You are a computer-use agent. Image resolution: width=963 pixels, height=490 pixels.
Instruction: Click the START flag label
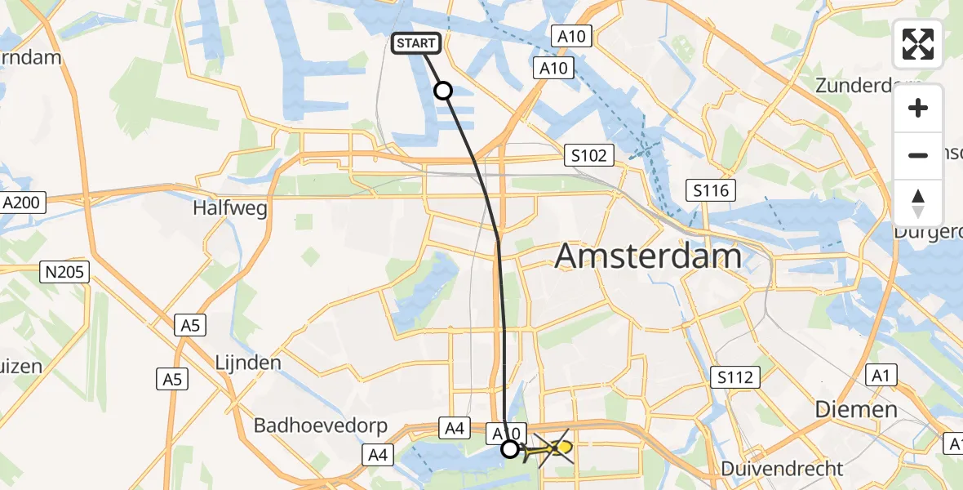click(x=418, y=43)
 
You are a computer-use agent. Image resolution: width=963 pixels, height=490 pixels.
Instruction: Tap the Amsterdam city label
click(x=648, y=256)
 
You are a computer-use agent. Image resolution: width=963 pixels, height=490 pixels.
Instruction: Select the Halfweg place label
click(x=230, y=208)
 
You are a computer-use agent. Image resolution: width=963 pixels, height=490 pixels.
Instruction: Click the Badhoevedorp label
click(x=320, y=425)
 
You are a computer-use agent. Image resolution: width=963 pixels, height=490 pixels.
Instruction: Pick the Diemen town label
click(x=857, y=409)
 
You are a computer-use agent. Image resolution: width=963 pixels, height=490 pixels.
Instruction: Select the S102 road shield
click(x=588, y=155)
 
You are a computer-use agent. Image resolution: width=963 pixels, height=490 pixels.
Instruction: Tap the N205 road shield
click(x=65, y=272)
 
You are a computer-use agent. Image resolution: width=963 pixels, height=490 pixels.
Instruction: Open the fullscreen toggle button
click(x=918, y=44)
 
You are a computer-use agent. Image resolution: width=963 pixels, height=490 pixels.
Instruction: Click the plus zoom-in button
click(x=918, y=108)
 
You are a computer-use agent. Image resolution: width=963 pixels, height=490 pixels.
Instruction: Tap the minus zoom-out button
click(x=918, y=155)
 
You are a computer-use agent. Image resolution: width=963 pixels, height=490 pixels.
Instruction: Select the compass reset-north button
click(x=918, y=203)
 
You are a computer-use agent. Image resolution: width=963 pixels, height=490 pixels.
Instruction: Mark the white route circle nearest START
click(x=443, y=91)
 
